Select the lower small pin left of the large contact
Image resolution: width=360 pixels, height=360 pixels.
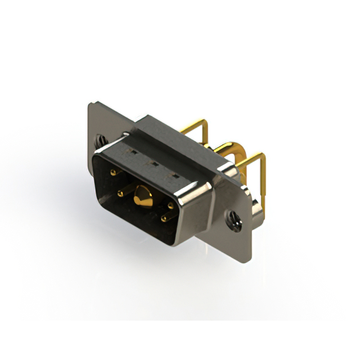pyautogui.click(x=120, y=193)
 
